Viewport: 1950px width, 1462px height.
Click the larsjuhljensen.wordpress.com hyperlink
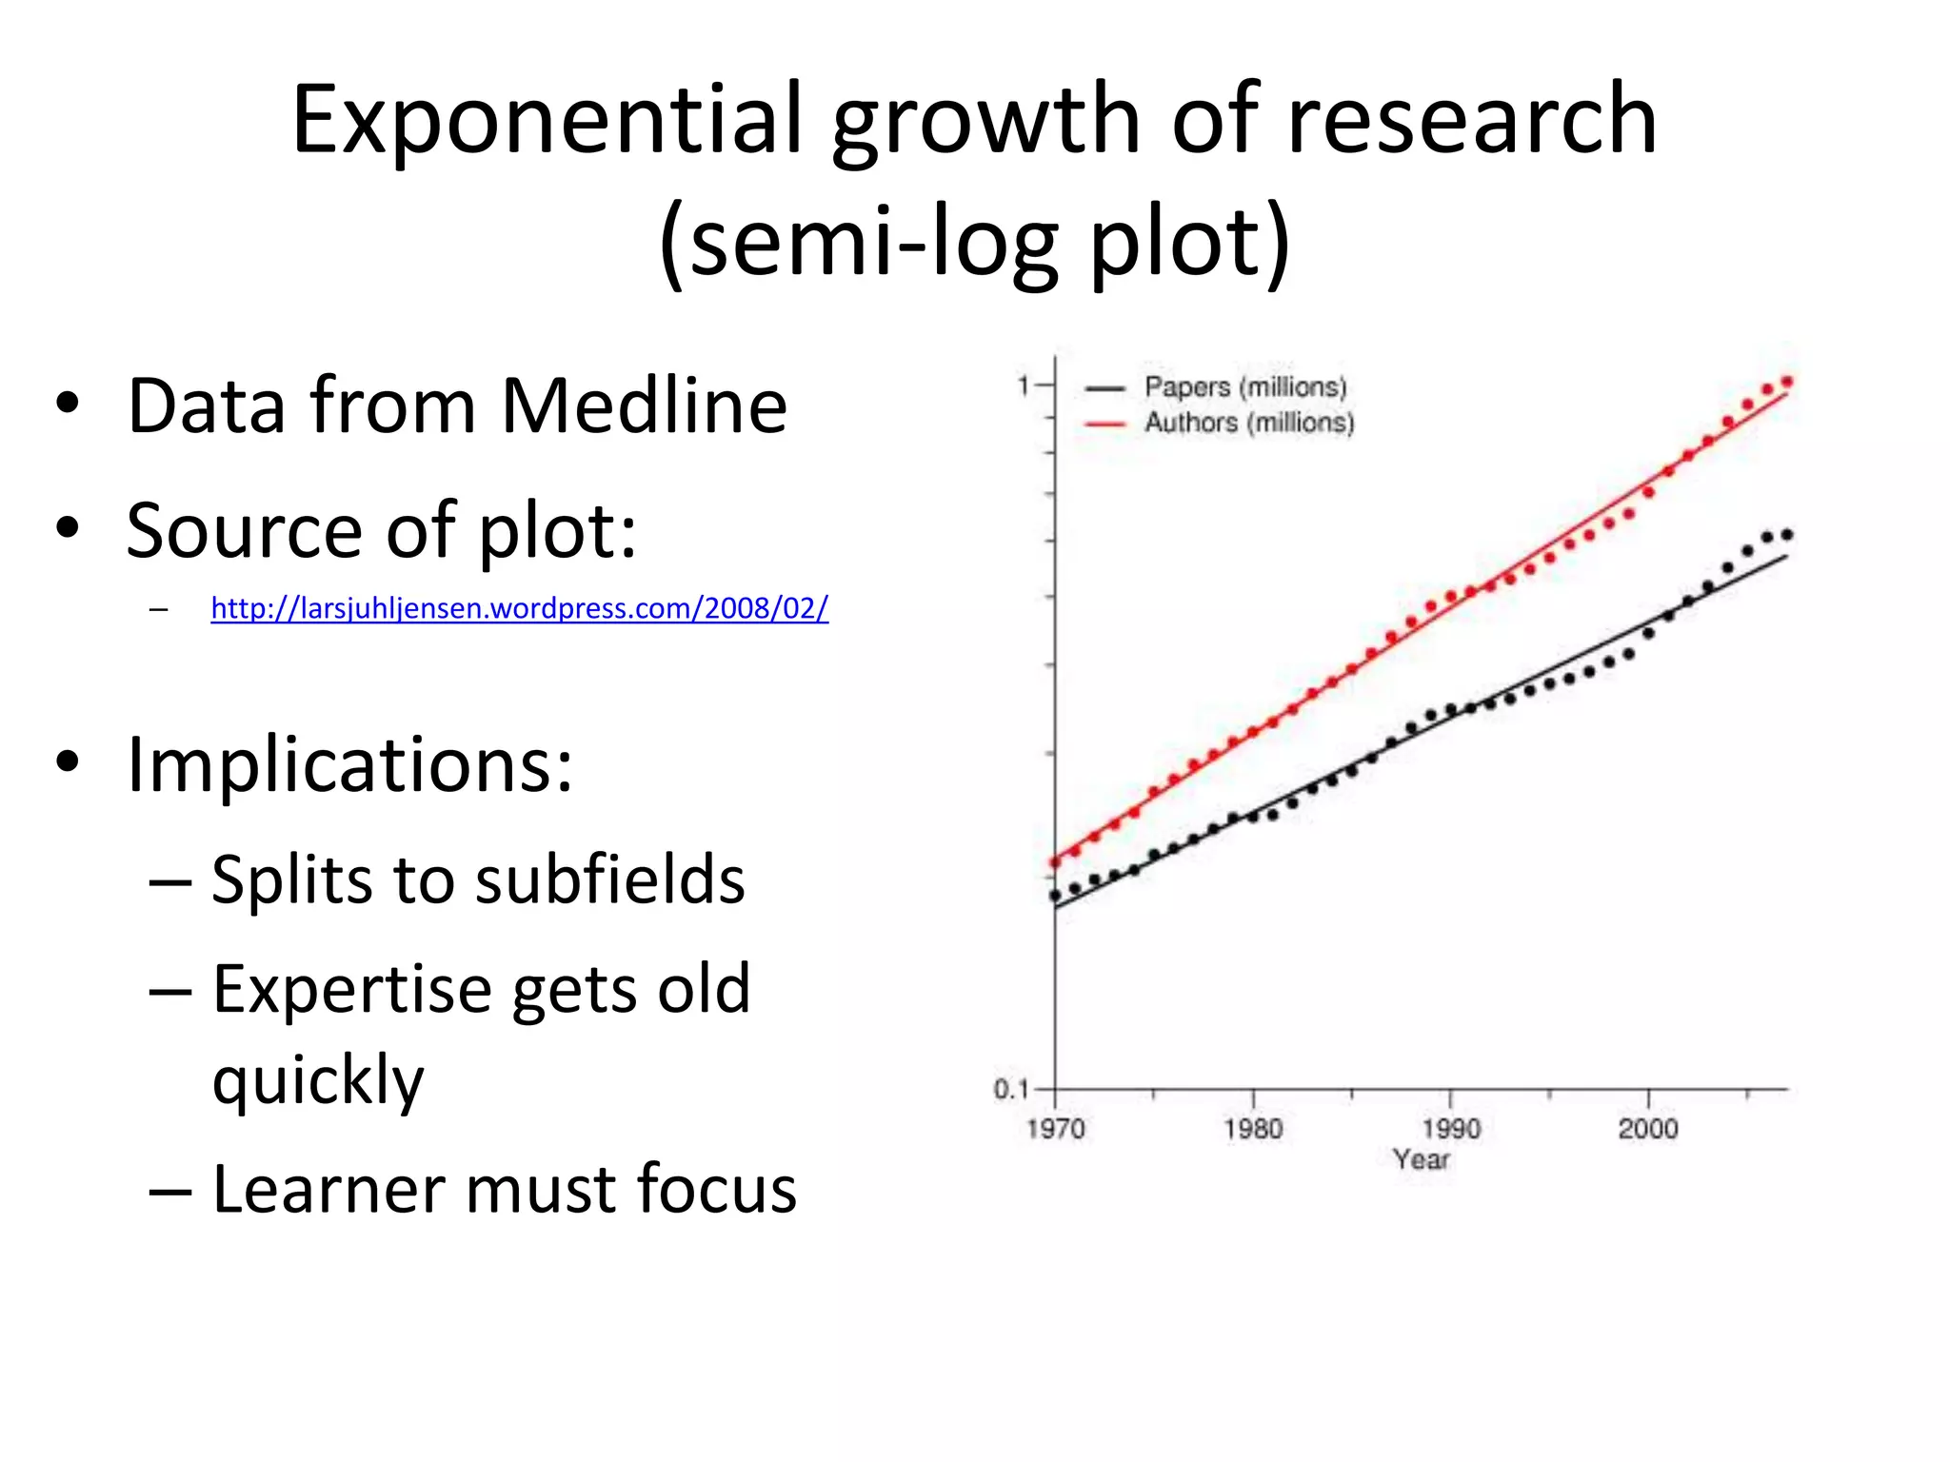click(x=519, y=608)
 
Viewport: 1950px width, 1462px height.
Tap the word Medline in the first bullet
click(x=644, y=406)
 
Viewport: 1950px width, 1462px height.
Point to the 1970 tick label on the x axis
click(x=1055, y=1129)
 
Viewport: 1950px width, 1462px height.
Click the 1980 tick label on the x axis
click(x=1253, y=1129)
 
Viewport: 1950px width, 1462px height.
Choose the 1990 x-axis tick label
click(x=1451, y=1129)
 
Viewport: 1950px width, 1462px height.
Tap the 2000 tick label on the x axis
click(x=1648, y=1129)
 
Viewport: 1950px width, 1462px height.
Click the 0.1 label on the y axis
click(x=1011, y=1089)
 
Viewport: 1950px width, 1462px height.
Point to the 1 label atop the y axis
click(x=1024, y=385)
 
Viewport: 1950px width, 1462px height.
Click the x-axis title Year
click(x=1421, y=1159)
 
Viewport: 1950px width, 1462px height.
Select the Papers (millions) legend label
click(x=1245, y=387)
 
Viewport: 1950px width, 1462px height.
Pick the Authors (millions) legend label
click(x=1249, y=423)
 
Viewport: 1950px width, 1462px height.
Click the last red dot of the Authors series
click(x=1787, y=382)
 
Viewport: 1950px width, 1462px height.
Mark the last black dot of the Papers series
click(x=1787, y=535)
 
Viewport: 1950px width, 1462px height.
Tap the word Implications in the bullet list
click(x=349, y=764)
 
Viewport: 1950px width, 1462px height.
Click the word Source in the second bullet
click(x=244, y=530)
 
